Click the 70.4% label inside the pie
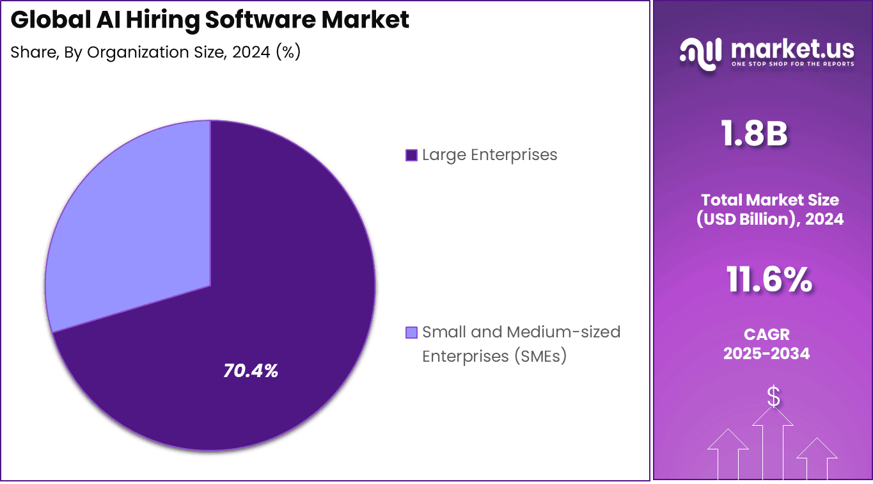click(251, 371)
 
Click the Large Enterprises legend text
click(489, 155)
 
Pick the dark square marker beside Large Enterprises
click(412, 155)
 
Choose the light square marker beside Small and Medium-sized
click(412, 332)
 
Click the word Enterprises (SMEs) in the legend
click(494, 356)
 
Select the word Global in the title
click(49, 20)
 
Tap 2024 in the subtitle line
click(251, 52)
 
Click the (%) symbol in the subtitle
click(288, 52)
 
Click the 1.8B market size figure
click(754, 134)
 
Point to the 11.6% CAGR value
click(769, 280)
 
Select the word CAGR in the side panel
click(766, 334)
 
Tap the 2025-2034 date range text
click(766, 353)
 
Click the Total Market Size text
click(769, 200)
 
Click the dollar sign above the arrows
click(773, 397)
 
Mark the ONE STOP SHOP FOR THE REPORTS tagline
click(792, 64)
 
